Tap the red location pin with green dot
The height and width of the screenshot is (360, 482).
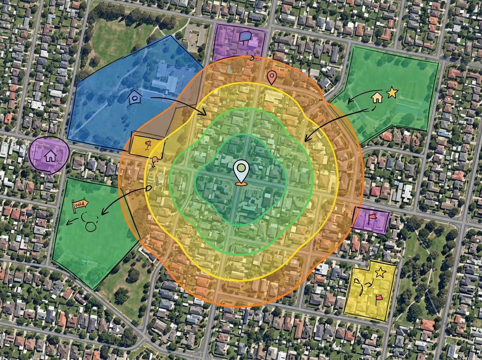click(x=272, y=77)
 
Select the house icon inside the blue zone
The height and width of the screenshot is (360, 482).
click(x=135, y=98)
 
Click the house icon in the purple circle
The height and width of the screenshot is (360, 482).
click(x=50, y=155)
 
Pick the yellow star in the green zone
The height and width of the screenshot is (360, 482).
click(x=392, y=93)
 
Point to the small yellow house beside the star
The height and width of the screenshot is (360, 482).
click(x=377, y=97)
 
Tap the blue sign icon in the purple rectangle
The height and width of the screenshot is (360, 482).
click(x=245, y=37)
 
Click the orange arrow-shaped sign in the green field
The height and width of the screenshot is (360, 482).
click(x=80, y=204)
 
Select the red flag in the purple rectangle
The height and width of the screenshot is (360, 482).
click(x=372, y=219)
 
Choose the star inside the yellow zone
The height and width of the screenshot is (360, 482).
click(x=380, y=273)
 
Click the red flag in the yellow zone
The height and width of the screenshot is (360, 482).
click(x=378, y=298)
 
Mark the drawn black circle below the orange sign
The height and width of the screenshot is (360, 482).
click(x=91, y=226)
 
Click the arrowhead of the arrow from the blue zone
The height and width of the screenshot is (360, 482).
click(x=205, y=114)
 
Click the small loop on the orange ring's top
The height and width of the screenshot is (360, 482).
click(x=252, y=57)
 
